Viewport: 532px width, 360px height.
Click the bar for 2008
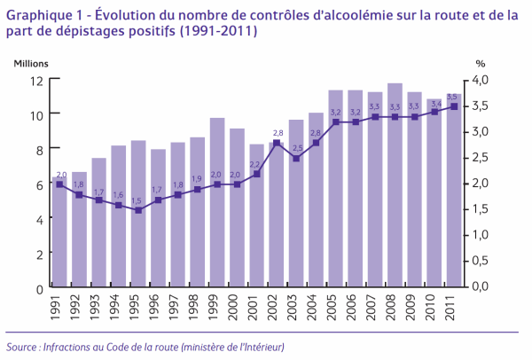click(x=395, y=185)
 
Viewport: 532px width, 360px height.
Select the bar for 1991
click(x=59, y=232)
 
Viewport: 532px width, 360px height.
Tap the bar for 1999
click(x=217, y=202)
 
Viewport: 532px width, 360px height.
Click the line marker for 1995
click(x=138, y=210)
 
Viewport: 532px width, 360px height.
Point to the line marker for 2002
click(x=277, y=143)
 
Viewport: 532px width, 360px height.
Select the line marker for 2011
click(x=454, y=106)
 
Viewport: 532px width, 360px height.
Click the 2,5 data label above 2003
click(x=298, y=148)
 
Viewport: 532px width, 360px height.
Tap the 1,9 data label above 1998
click(x=197, y=179)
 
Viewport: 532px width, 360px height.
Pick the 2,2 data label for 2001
click(x=254, y=165)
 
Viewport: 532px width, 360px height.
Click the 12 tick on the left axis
click(x=36, y=81)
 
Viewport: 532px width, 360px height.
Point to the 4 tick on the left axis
click(x=40, y=220)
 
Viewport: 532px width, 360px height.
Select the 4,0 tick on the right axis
click(x=480, y=80)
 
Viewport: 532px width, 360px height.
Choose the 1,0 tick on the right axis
click(x=480, y=234)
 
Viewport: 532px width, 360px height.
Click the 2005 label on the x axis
click(x=332, y=308)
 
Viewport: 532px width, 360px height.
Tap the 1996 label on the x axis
click(x=154, y=308)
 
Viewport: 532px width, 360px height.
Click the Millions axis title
click(x=31, y=64)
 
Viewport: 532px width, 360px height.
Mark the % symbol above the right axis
click(x=481, y=64)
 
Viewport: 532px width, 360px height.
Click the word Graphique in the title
click(x=37, y=16)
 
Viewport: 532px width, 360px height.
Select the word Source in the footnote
click(x=21, y=347)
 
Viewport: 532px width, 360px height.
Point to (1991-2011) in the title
click(x=217, y=31)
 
